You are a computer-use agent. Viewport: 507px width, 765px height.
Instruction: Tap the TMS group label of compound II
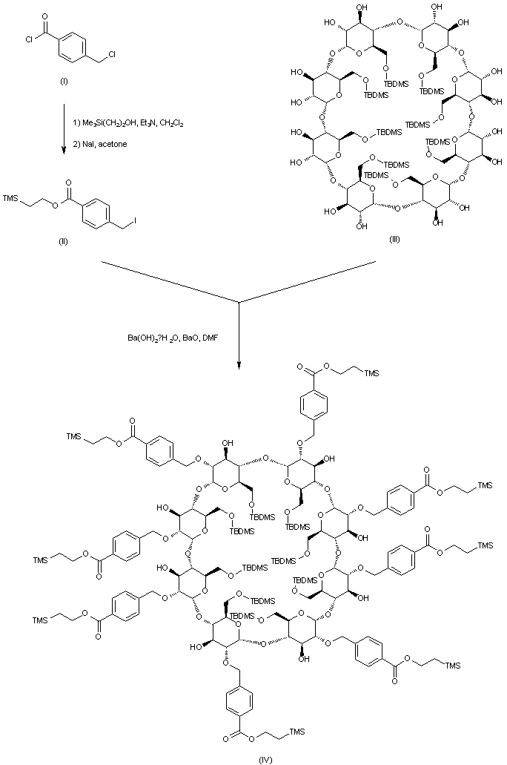(10, 198)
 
